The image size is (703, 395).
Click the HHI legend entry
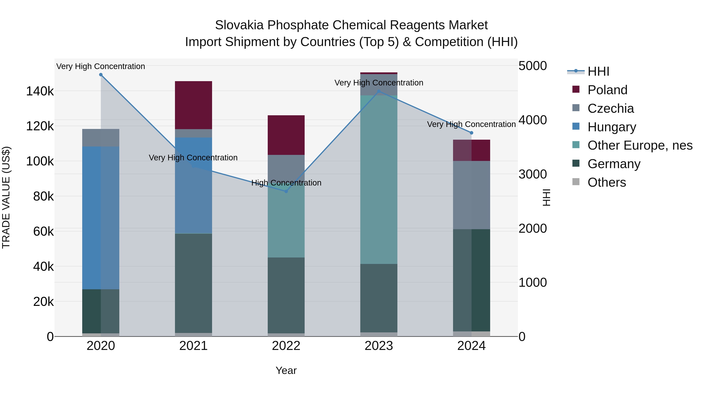click(598, 71)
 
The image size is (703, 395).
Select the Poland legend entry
click(607, 90)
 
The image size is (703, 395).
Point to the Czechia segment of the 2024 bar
click(471, 195)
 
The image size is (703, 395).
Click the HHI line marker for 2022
click(286, 191)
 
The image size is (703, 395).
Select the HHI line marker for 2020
click(101, 75)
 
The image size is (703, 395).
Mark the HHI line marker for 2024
click(471, 133)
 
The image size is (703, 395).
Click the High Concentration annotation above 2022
click(286, 183)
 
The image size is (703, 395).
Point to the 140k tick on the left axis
click(40, 91)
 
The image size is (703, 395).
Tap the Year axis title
click(286, 370)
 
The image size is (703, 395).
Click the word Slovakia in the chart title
click(239, 25)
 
